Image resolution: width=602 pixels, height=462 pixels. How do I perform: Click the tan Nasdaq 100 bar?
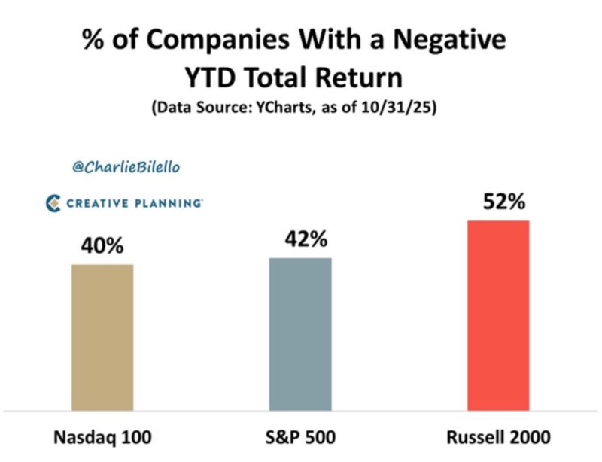tap(102, 337)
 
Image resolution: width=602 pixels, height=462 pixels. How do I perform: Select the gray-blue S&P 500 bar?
tap(300, 334)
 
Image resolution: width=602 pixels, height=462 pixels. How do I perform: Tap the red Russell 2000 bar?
tap(498, 315)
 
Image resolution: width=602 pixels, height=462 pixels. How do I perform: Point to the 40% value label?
tap(102, 246)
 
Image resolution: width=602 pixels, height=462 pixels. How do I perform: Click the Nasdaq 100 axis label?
tap(102, 436)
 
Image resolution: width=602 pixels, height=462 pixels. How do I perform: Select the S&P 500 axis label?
tap(300, 436)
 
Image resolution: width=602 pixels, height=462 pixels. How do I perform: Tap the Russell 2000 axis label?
tap(498, 436)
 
